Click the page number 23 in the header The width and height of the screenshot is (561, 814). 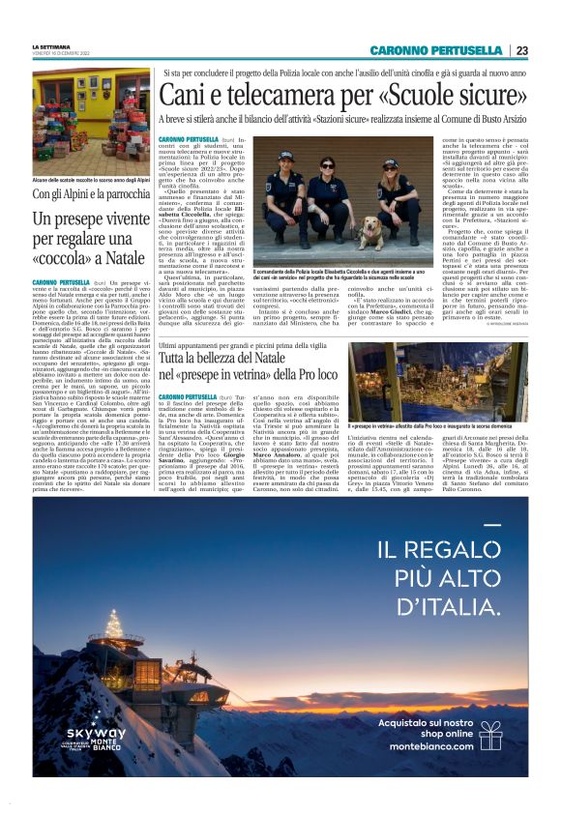521,50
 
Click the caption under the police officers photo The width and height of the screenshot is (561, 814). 339,275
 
